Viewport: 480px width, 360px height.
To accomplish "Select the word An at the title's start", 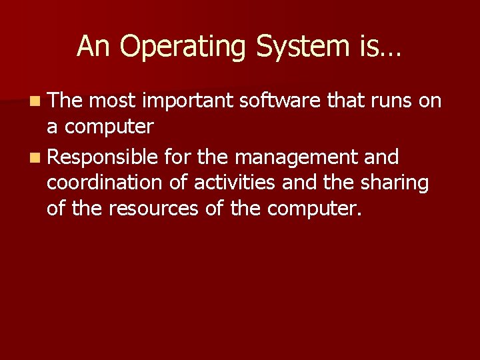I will pyautogui.click(x=91, y=47).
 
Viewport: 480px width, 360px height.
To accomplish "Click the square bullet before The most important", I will pyautogui.click(x=34, y=102).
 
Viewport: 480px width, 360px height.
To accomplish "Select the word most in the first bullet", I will pyautogui.click(x=112, y=101).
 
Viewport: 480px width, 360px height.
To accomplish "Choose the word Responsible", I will pyautogui.click(x=103, y=158).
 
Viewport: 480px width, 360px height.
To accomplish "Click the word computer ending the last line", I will pyautogui.click(x=314, y=209).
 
